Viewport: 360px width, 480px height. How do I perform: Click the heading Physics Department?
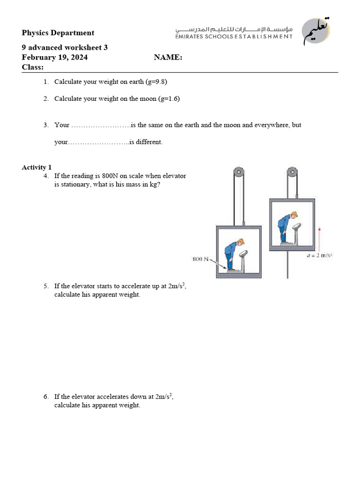pyautogui.click(x=58, y=33)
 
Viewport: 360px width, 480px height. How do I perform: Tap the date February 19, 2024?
pyautogui.click(x=54, y=58)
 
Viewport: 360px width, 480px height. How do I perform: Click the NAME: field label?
pyautogui.click(x=168, y=58)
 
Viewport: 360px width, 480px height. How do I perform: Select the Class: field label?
pyautogui.click(x=32, y=67)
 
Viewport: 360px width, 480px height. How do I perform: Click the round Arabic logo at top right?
pyautogui.click(x=316, y=31)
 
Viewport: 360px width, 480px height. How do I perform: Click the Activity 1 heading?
pyautogui.click(x=37, y=167)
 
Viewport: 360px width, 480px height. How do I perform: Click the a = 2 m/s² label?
pyautogui.click(x=320, y=255)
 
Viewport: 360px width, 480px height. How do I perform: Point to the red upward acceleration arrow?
pyautogui.click(x=319, y=239)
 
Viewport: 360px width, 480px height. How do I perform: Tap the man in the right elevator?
pyautogui.click(x=285, y=227)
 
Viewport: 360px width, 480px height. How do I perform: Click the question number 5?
pyautogui.click(x=46, y=286)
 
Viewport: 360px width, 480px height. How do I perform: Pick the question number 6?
pyautogui.click(x=46, y=397)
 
